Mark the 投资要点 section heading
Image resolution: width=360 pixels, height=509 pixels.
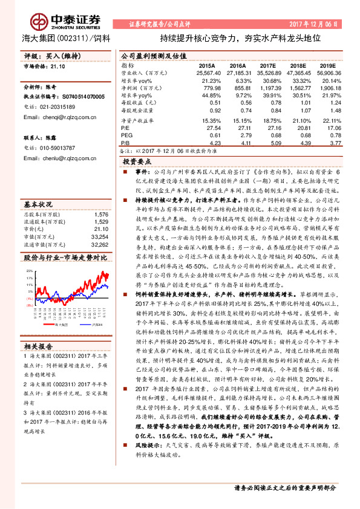click(x=137, y=163)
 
